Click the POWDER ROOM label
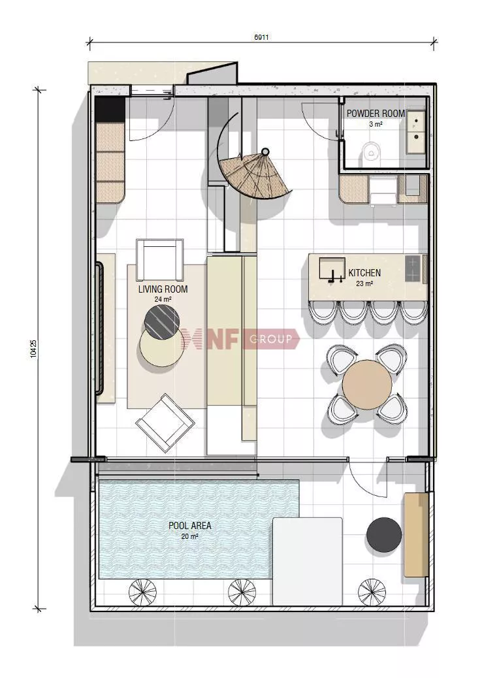(376, 114)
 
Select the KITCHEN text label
(364, 273)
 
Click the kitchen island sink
(332, 268)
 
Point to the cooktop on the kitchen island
(413, 268)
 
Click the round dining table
(367, 385)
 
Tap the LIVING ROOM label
(163, 289)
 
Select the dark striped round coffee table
(162, 321)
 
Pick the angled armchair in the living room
(165, 423)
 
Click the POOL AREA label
(190, 526)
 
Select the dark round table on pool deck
(384, 535)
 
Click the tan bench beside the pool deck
(416, 534)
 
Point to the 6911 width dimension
(261, 37)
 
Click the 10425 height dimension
(34, 348)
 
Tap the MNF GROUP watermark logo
(240, 338)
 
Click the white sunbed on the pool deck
(307, 562)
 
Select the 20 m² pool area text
(190, 537)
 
